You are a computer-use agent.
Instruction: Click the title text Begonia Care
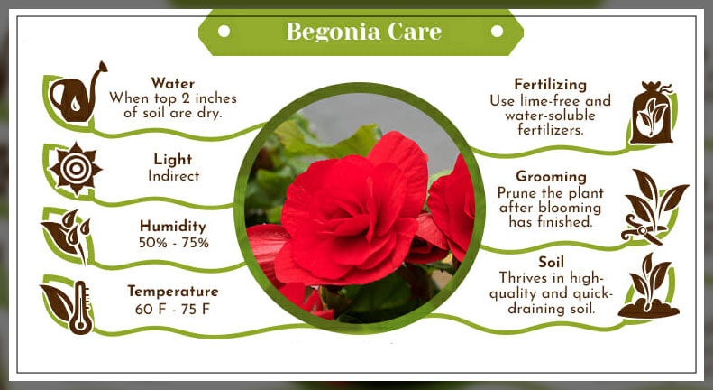[x=363, y=32]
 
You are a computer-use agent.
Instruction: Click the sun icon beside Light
[x=75, y=167]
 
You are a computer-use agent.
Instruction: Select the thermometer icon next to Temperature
[x=81, y=307]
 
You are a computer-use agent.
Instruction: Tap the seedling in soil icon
[x=650, y=286]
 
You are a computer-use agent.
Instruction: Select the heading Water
[x=173, y=83]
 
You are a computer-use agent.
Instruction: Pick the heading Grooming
[x=551, y=176]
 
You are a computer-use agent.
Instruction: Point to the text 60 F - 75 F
[x=173, y=308]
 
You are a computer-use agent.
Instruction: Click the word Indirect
[x=173, y=176]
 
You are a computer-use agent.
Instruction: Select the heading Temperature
[x=173, y=291]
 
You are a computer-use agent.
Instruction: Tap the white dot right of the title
[x=497, y=32]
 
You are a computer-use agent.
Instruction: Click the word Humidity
[x=173, y=226]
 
